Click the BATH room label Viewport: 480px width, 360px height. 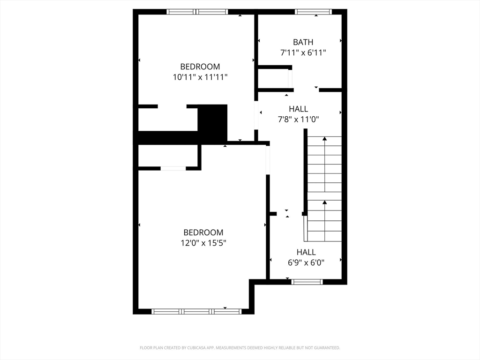pyautogui.click(x=303, y=42)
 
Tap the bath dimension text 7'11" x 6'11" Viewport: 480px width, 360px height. pyautogui.click(x=303, y=53)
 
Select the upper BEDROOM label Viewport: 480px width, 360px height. pyautogui.click(x=200, y=67)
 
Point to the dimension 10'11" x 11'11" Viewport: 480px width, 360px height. pyautogui.click(x=200, y=77)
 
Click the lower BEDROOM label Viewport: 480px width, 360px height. pyautogui.click(x=203, y=232)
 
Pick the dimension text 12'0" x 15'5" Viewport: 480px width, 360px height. pyautogui.click(x=203, y=243)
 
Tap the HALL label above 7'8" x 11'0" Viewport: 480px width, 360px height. pyautogui.click(x=299, y=109)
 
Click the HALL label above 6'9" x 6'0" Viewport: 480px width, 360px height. pyautogui.click(x=306, y=252)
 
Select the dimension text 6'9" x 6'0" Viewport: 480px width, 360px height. pyautogui.click(x=306, y=263)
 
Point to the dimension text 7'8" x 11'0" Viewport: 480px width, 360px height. pyautogui.click(x=299, y=120)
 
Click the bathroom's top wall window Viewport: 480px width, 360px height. pyautogui.click(x=313, y=12)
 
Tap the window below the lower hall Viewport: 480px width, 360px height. pyautogui.click(x=307, y=282)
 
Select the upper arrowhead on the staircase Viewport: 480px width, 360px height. pyautogui.click(x=324, y=139)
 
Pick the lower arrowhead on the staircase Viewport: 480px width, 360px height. pyautogui.click(x=324, y=202)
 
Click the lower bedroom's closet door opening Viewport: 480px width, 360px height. pyautogui.click(x=173, y=168)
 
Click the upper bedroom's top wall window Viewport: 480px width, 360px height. pyautogui.click(x=197, y=12)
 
